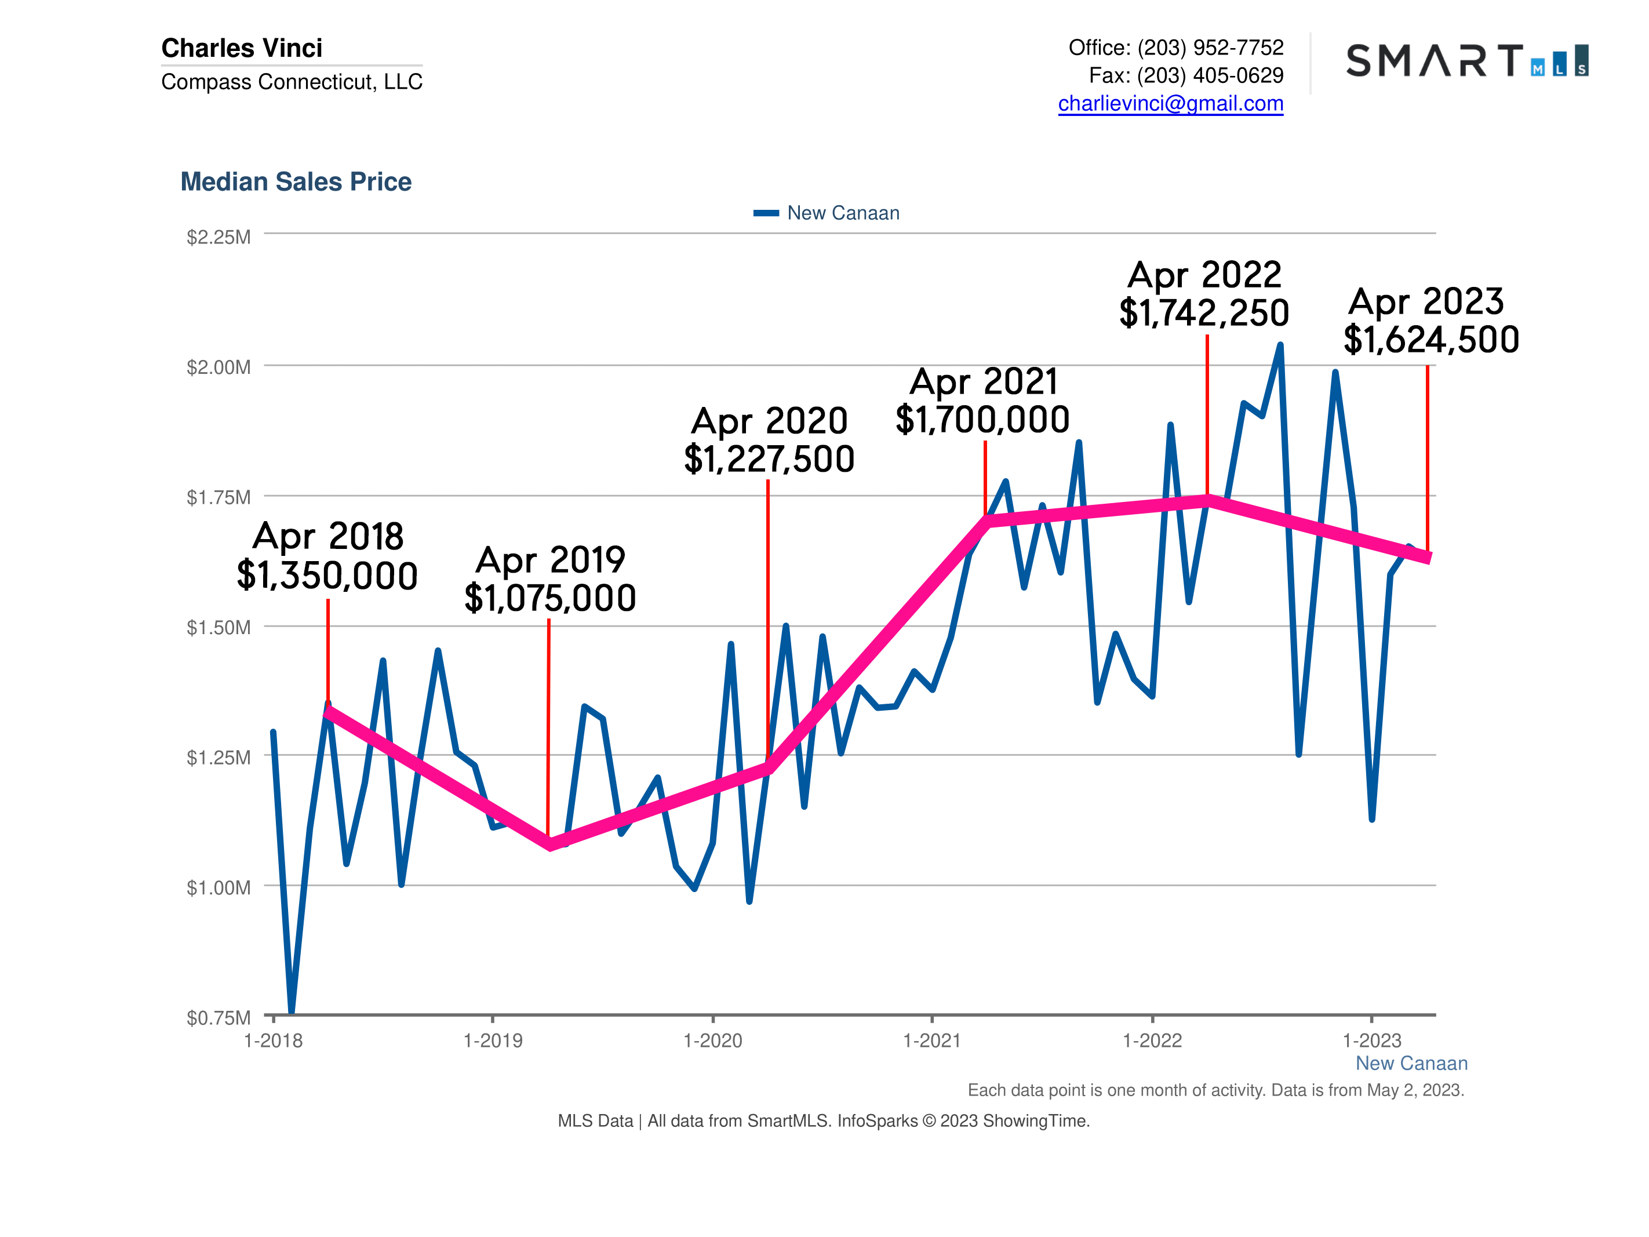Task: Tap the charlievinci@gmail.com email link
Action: pos(1170,104)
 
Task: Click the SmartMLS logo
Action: pos(1466,61)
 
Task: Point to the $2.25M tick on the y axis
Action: pos(219,237)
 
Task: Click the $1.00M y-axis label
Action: pos(219,887)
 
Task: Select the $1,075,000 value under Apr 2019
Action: pos(549,598)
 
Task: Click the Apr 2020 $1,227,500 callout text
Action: pos(769,440)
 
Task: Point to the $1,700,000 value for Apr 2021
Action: pos(982,420)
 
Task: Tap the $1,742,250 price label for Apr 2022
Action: pos(1203,313)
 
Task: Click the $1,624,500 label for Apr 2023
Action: pos(1430,340)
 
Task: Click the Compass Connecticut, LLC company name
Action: pos(292,81)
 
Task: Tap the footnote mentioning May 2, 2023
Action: pos(1215,1090)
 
